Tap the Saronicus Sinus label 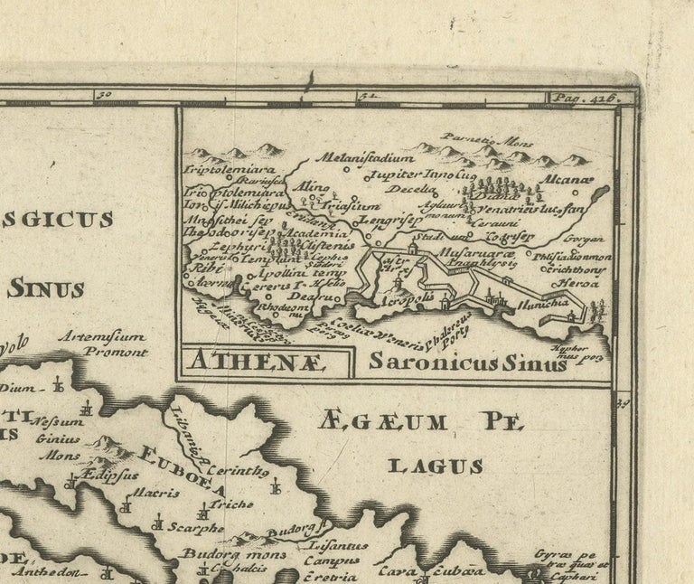coord(467,362)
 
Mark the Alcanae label coord(566,179)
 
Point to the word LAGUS coord(435,466)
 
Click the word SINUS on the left coord(45,289)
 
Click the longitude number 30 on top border coord(104,94)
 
